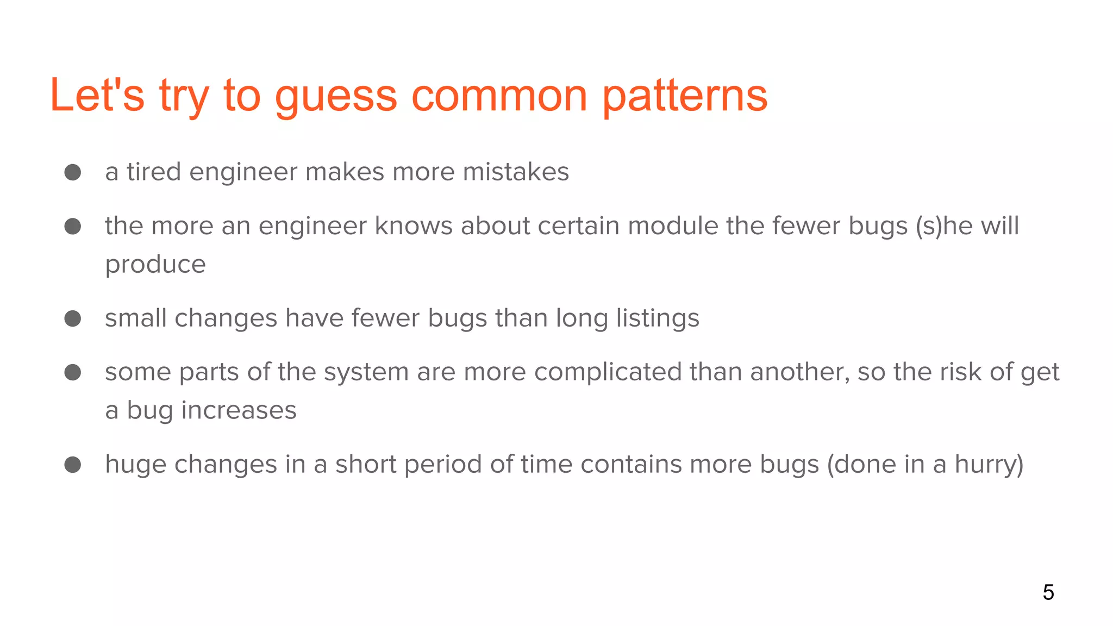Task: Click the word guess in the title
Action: click(x=336, y=96)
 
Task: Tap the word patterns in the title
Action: click(x=685, y=96)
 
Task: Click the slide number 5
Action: click(x=1048, y=592)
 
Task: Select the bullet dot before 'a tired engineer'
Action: click(x=73, y=173)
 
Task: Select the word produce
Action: click(x=155, y=265)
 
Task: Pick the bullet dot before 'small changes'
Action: click(x=73, y=318)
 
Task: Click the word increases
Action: click(x=239, y=410)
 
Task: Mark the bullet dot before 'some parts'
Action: click(x=73, y=373)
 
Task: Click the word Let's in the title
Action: click(x=97, y=96)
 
